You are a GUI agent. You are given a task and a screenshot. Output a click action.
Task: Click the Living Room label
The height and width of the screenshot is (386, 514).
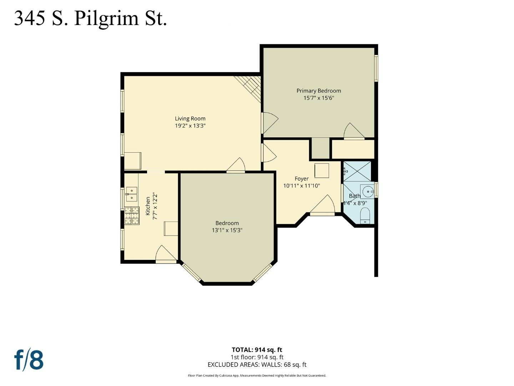190,119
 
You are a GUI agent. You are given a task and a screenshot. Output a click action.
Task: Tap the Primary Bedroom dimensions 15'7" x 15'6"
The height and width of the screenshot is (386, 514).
319,98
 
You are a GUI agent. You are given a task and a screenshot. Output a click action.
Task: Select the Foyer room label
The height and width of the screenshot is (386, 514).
301,179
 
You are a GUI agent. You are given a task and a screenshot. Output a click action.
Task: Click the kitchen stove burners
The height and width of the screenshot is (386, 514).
132,216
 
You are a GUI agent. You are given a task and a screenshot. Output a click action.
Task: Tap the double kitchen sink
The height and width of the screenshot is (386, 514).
132,194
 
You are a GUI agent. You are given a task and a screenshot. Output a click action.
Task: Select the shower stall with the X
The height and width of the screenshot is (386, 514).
357,171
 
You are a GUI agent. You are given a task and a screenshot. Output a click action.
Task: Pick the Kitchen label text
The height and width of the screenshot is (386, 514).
148,206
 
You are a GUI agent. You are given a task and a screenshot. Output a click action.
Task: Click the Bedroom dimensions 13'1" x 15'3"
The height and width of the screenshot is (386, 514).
227,230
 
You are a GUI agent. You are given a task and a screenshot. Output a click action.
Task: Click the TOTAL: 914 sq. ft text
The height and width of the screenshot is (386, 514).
257,350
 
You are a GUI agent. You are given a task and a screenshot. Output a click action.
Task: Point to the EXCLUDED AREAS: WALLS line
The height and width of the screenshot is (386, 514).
257,365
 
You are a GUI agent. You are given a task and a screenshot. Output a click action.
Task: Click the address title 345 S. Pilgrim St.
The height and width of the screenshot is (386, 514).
90,19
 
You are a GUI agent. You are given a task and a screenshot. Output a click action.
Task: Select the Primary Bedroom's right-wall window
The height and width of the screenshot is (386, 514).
376,68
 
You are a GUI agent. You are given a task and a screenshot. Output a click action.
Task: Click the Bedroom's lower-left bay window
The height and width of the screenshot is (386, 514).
192,273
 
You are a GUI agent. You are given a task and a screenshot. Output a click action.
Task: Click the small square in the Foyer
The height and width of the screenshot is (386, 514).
322,170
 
